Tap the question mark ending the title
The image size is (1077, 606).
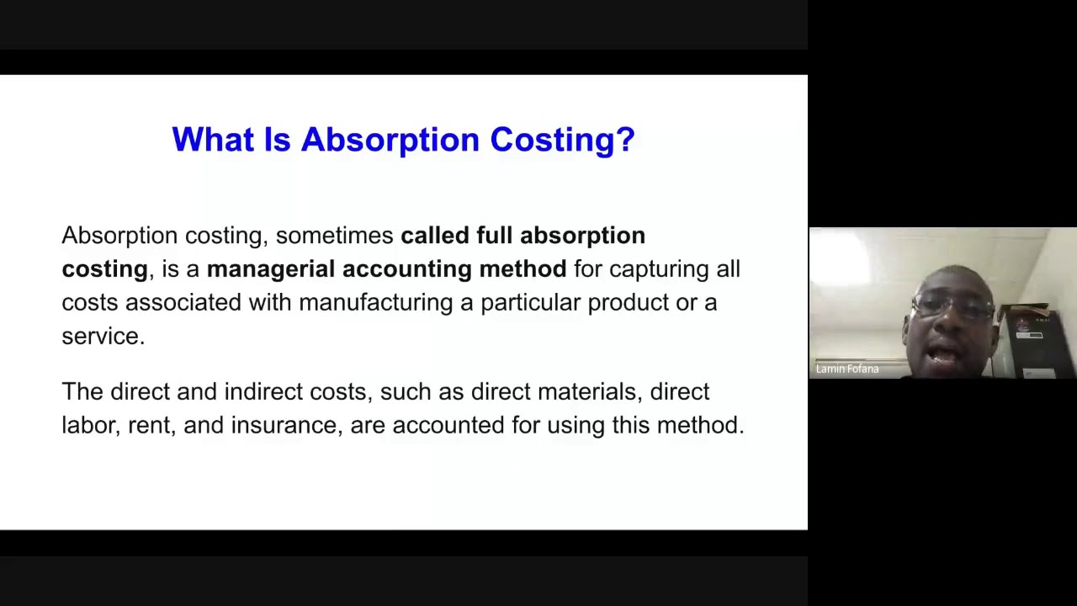(625, 140)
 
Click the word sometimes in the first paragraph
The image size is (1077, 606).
(334, 236)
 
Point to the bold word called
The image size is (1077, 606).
(434, 236)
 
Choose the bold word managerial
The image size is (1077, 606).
(270, 269)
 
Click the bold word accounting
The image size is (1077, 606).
(406, 269)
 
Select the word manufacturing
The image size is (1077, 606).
(375, 303)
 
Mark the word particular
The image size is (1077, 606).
(530, 303)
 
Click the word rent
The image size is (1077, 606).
(149, 426)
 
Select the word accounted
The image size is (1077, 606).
(448, 426)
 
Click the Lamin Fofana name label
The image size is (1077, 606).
(846, 369)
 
